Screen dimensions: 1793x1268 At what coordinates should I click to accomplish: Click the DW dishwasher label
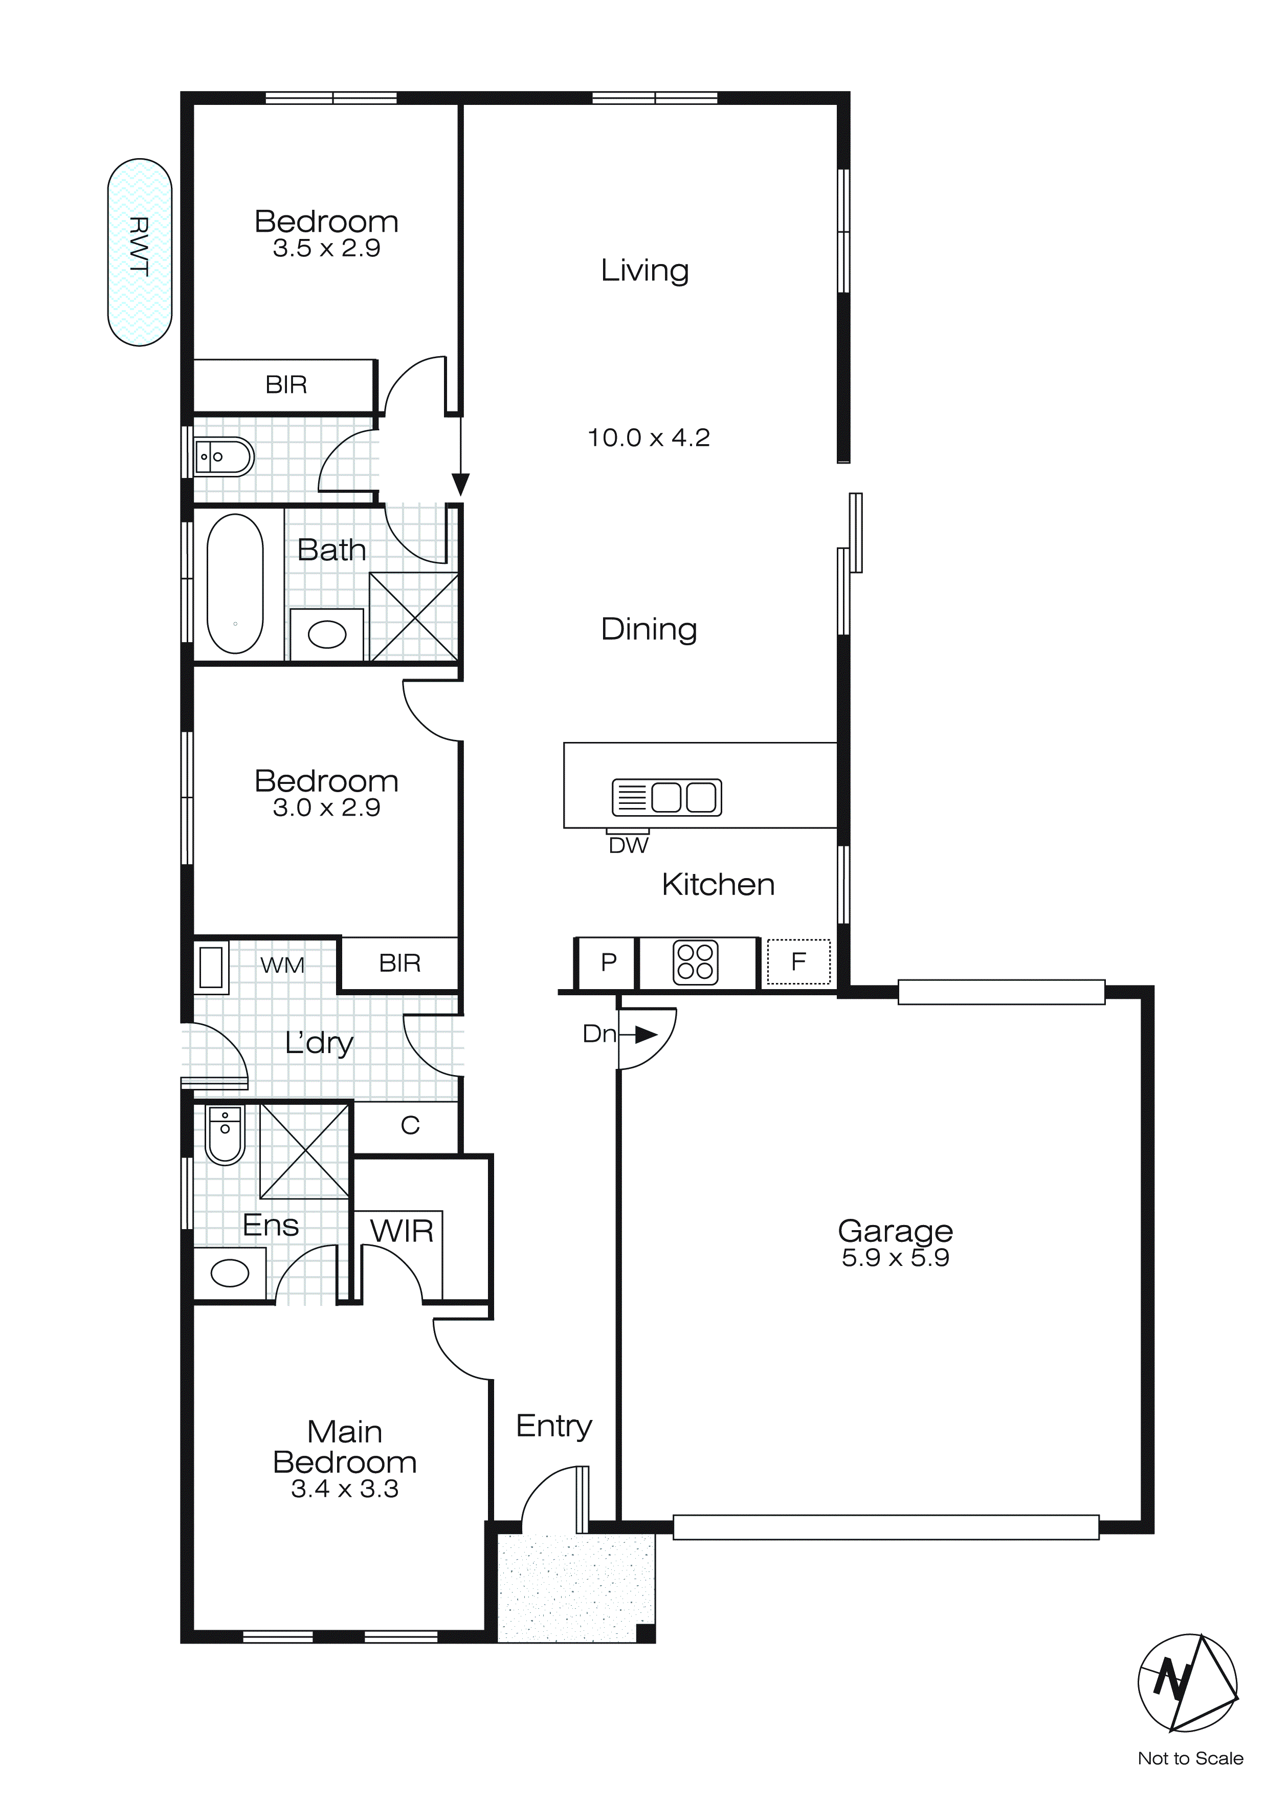pyautogui.click(x=629, y=846)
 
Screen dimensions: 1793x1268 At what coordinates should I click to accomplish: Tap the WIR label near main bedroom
pyautogui.click(x=402, y=1232)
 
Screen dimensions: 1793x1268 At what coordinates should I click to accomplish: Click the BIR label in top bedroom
pyautogui.click(x=286, y=385)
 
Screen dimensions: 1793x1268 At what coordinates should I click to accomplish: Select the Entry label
pyautogui.click(x=553, y=1426)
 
